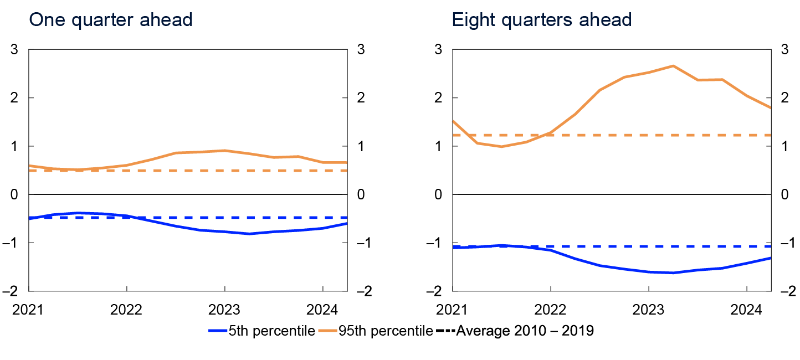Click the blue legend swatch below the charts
click(218, 331)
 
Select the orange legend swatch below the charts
click(327, 331)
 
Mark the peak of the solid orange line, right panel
click(673, 66)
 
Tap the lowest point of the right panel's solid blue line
click(673, 273)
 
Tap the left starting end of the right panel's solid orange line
click(453, 121)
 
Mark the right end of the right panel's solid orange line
click(770, 107)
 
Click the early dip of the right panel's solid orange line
click(502, 147)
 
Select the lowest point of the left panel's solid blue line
click(249, 234)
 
